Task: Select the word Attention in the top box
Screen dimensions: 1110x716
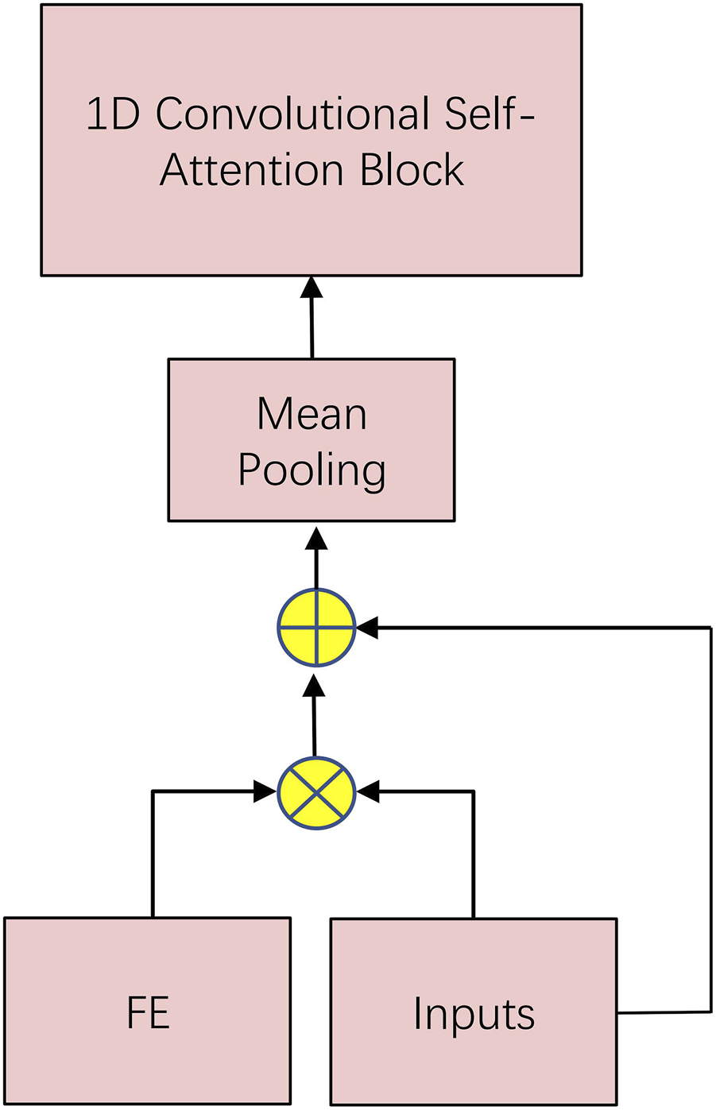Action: coord(252,170)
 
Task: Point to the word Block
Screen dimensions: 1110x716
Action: coord(412,170)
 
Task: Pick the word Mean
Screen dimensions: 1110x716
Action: coord(312,414)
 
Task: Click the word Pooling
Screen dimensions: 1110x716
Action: coord(312,470)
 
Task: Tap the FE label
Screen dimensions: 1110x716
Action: coord(148,1013)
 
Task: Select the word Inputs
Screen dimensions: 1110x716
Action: coord(474,1014)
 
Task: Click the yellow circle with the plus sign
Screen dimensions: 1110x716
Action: coord(316,628)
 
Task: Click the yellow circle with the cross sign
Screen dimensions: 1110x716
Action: coord(316,792)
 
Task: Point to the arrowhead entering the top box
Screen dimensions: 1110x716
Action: coord(312,288)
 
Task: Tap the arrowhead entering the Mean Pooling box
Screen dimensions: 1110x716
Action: coord(316,538)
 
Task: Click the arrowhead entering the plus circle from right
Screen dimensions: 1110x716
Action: coord(366,628)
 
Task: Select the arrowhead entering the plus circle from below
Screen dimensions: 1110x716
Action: coord(315,685)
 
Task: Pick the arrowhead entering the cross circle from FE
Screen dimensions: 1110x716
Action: coord(265,791)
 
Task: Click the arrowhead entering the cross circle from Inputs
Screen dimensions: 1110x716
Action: coord(368,791)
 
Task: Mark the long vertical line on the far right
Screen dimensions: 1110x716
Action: coord(710,818)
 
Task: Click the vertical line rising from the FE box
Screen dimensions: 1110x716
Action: coord(153,854)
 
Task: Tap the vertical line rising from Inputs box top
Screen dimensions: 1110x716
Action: coord(474,854)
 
